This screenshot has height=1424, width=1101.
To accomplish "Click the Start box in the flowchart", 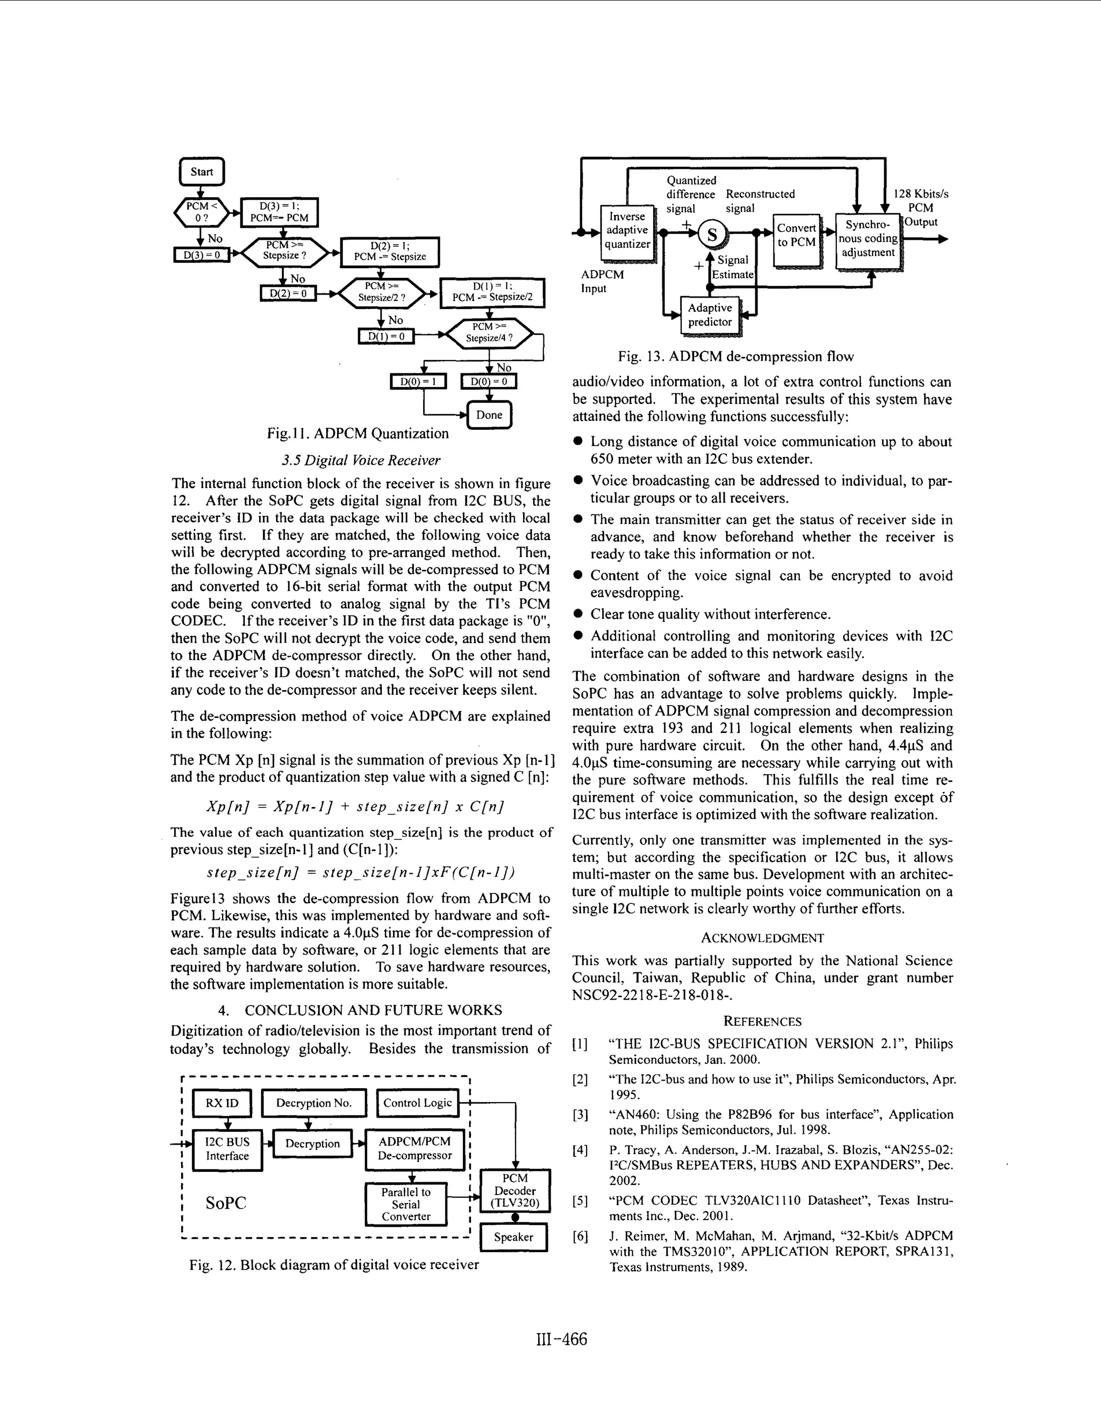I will (202, 172).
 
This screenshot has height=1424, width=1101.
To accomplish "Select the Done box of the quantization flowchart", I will (489, 415).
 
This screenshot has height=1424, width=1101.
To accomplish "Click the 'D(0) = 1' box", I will (417, 381).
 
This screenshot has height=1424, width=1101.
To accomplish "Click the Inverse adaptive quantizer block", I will (627, 230).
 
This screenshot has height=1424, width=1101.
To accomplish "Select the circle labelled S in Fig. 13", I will (712, 234).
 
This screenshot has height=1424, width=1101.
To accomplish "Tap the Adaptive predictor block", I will (710, 315).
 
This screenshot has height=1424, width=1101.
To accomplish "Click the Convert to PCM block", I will (796, 235).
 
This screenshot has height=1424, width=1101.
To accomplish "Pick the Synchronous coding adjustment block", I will (868, 239).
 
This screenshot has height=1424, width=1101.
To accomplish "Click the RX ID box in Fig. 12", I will (222, 1103).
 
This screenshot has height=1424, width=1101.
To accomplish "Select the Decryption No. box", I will (314, 1103).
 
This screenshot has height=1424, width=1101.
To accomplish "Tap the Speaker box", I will (513, 1237).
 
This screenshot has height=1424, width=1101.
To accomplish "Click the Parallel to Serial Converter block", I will (406, 1204).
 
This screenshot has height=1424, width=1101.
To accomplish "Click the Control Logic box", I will (417, 1103).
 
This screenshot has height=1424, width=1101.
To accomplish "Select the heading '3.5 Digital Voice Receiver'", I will (361, 461).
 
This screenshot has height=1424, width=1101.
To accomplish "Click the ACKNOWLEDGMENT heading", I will (762, 938).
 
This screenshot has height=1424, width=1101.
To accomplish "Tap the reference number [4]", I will (580, 1149).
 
